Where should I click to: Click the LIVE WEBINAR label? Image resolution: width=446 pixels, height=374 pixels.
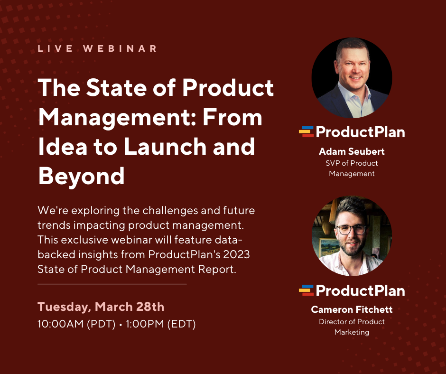pos(97,48)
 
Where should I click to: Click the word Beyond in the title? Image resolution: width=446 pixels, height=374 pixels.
pos(81,176)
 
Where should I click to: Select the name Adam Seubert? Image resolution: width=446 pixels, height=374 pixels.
pos(352,152)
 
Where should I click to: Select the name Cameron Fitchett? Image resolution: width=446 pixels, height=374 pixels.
pos(352,309)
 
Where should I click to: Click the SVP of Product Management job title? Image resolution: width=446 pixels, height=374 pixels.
pos(352,168)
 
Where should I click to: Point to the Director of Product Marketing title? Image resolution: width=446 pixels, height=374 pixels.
pos(352,327)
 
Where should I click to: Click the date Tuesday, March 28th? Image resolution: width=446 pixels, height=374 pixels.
pos(101,307)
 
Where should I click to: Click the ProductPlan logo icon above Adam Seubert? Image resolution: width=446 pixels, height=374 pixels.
pos(307,131)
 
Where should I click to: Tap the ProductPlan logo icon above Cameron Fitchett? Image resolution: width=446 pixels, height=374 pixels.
pos(307,290)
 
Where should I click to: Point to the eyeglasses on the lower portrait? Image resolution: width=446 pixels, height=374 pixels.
pos(352,229)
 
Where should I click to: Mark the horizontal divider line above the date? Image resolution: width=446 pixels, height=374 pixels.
pos(112,284)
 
